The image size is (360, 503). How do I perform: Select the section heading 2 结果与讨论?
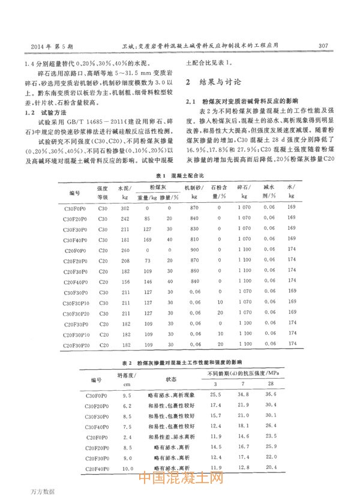[214, 82]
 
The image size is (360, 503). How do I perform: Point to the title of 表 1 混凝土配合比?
[179, 175]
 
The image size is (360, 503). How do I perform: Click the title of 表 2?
[180, 364]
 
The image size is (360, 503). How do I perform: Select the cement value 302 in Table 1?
[125, 208]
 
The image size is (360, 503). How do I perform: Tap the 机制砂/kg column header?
[194, 192]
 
